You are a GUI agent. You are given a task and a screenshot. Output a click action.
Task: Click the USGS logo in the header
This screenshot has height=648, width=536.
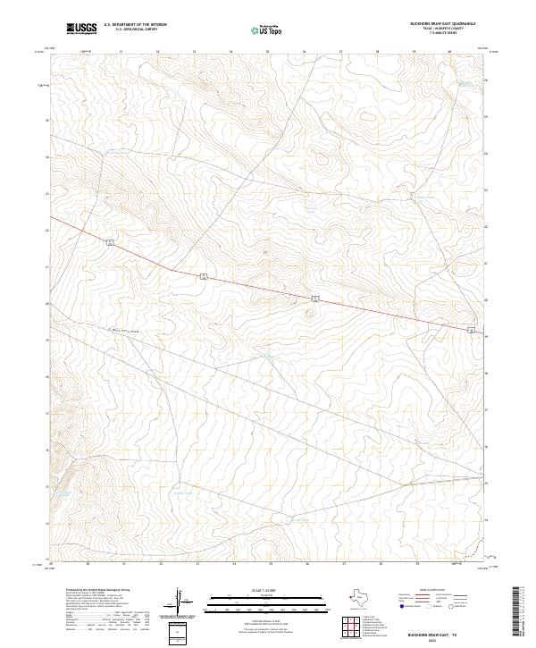click(81, 29)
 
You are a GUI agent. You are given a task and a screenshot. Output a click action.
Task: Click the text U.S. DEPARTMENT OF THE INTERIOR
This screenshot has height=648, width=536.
click(135, 25)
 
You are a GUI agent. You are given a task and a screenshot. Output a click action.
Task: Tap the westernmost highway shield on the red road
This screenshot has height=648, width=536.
click(109, 241)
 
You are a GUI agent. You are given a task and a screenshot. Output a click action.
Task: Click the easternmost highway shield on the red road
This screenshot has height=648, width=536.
click(471, 332)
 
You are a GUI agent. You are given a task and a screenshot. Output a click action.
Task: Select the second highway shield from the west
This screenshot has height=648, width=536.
click(204, 275)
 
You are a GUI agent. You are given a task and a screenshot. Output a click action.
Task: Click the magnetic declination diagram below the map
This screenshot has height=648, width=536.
click(178, 600)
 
